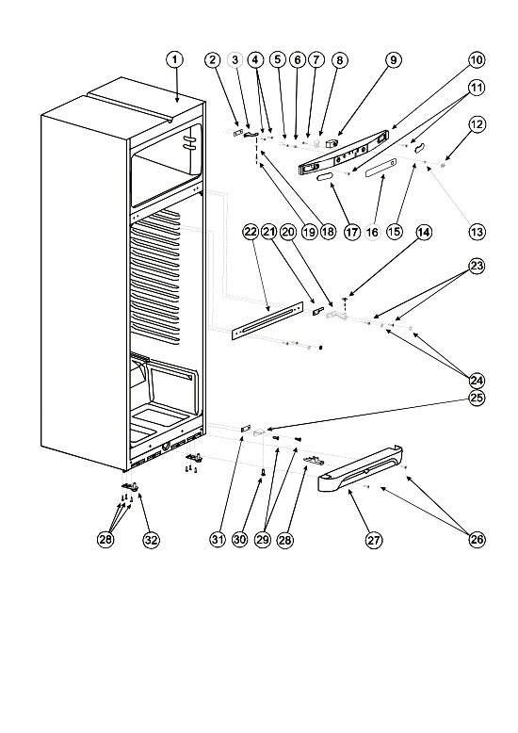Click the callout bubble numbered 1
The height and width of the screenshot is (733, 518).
[175, 60]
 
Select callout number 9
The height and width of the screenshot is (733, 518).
[393, 60]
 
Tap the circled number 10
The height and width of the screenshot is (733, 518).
[477, 60]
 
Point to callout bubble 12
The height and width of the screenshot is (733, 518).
[477, 124]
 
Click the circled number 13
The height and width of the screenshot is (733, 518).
[477, 232]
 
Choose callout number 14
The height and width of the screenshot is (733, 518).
[424, 233]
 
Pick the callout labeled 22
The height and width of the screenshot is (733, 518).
[251, 232]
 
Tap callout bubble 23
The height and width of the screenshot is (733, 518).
[477, 267]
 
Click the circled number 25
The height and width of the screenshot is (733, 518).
[477, 398]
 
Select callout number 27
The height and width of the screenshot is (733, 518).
[374, 540]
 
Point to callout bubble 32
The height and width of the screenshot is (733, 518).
[151, 540]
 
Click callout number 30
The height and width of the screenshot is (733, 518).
[239, 540]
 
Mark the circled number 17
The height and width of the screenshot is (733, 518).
[351, 232]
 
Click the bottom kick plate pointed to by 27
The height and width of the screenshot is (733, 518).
[360, 470]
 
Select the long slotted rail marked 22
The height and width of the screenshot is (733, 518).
[267, 320]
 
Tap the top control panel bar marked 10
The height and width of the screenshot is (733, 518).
[344, 152]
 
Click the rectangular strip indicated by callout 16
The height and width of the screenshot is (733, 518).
[381, 168]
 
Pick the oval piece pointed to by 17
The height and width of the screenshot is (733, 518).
[325, 177]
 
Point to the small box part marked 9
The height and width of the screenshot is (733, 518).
[332, 141]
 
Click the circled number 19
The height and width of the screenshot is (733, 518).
[310, 232]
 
